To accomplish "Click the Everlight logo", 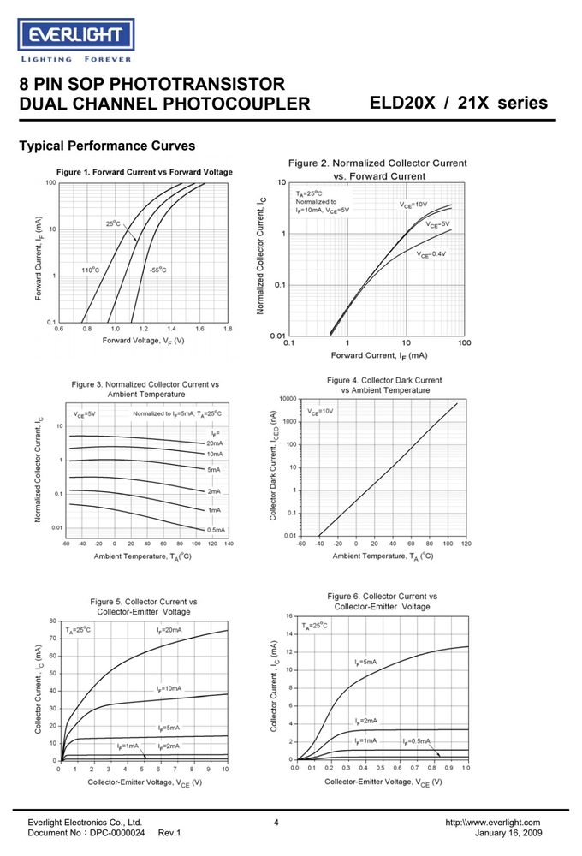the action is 76,41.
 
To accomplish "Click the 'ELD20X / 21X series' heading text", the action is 458,103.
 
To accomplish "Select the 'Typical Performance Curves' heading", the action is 107,146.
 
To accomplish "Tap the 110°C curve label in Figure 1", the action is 91,270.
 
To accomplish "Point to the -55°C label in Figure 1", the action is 157,270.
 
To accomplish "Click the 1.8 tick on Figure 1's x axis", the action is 228,329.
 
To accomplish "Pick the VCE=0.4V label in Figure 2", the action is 431,254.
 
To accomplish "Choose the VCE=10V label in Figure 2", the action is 413,205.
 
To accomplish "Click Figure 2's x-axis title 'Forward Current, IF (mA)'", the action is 379,355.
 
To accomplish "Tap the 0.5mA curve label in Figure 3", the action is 216,530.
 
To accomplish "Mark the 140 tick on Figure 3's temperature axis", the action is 229,544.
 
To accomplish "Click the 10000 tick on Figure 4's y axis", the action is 288,399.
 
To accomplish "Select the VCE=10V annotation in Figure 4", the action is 320,411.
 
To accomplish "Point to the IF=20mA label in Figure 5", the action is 169,630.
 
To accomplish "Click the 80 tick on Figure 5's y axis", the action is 53,621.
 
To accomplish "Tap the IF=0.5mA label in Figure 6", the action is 417,741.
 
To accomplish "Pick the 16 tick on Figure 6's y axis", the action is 289,615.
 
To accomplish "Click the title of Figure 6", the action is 383,602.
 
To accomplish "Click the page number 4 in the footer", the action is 276,822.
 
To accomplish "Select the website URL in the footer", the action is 492,822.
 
